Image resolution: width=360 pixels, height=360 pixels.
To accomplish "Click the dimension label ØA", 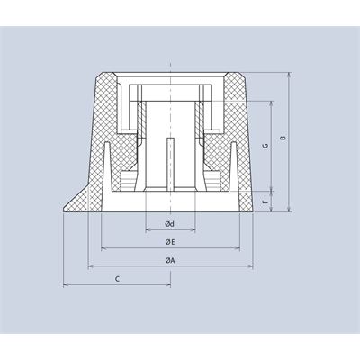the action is [x=170, y=260].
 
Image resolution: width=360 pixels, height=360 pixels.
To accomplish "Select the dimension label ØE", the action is [x=170, y=242].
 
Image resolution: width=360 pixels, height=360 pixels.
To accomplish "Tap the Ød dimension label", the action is [x=170, y=224].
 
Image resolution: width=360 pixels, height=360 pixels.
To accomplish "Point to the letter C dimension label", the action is [x=118, y=279].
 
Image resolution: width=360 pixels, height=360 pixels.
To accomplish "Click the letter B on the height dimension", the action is [x=283, y=138].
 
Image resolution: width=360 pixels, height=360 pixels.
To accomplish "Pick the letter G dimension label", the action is [x=265, y=146].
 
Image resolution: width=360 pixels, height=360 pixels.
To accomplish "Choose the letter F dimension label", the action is [x=265, y=202].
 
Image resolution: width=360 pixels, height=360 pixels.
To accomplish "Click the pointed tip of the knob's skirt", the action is [x=63, y=211].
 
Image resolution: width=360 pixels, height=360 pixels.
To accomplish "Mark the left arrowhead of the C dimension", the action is [x=66, y=284].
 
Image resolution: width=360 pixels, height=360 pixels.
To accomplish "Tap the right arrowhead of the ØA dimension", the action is [x=250, y=266].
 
